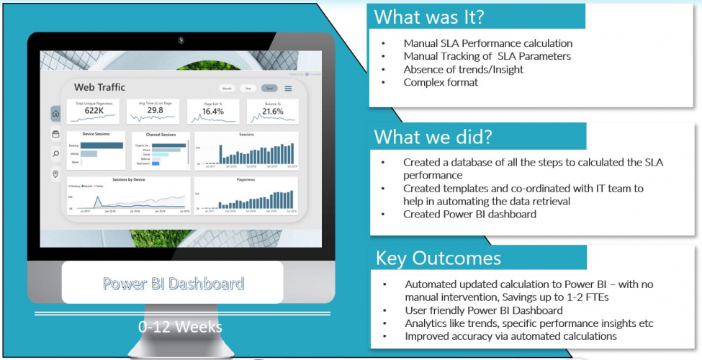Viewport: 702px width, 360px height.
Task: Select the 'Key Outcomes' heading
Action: (x=438, y=258)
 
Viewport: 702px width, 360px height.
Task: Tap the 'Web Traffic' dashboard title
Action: (x=99, y=87)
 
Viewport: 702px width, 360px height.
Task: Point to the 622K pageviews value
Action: (x=94, y=111)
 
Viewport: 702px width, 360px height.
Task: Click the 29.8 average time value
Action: (x=155, y=111)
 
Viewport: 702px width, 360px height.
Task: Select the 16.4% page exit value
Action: (x=213, y=112)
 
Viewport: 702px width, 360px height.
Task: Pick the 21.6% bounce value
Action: (x=273, y=112)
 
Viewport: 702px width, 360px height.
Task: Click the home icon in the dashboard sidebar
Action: (x=56, y=114)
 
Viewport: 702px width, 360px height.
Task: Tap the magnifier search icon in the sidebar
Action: (x=56, y=153)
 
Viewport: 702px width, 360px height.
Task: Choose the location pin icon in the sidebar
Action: (x=56, y=174)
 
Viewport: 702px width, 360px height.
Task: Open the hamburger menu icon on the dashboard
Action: (x=289, y=89)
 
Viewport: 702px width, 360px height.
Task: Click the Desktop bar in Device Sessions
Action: (x=102, y=145)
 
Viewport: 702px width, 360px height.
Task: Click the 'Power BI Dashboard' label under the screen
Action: (x=173, y=284)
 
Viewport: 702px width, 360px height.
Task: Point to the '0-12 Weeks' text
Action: (x=180, y=326)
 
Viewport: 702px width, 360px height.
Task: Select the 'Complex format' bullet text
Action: (x=441, y=82)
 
